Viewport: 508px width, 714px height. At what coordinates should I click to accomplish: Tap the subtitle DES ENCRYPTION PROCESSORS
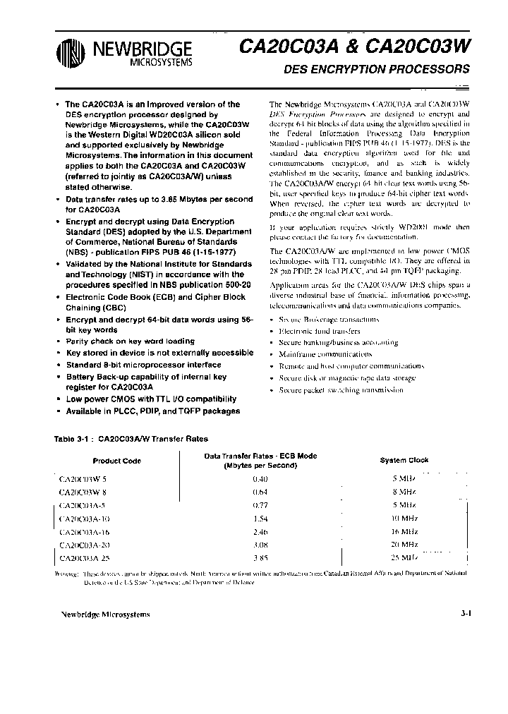tap(376, 70)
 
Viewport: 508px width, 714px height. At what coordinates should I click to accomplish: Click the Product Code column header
tap(118, 461)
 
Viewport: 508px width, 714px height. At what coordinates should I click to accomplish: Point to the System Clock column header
tap(404, 460)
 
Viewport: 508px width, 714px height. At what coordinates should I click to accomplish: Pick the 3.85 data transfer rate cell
tap(260, 558)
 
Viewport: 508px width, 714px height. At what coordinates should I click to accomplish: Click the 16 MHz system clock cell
tap(404, 532)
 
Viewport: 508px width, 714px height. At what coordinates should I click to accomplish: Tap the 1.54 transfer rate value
tap(260, 519)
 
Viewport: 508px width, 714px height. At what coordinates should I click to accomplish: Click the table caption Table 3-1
tap(73, 438)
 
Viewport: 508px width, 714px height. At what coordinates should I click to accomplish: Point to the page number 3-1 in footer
tap(465, 614)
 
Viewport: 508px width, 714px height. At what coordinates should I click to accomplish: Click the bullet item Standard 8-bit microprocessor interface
tap(143, 365)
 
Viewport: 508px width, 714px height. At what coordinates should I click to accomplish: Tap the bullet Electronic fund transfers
tap(320, 330)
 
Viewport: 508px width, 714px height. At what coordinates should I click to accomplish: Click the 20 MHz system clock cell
tap(404, 545)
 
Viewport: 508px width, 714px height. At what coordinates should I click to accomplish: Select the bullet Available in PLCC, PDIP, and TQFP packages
tap(152, 411)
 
